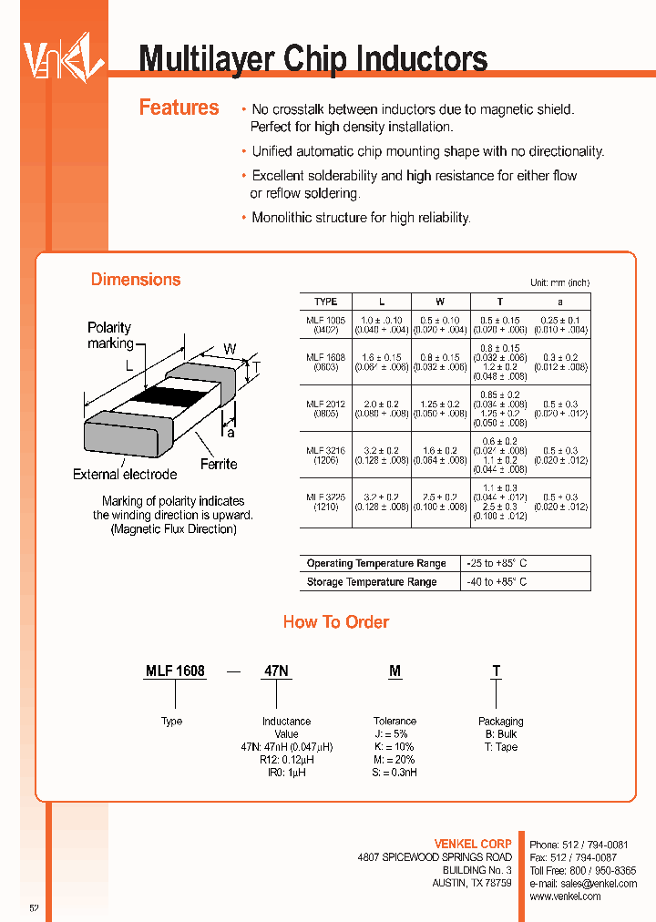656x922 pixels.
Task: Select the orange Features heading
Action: (x=179, y=108)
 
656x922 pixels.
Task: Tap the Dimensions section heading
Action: (x=136, y=280)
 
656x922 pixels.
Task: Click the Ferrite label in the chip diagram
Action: (x=219, y=464)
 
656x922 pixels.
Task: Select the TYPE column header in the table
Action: (x=325, y=302)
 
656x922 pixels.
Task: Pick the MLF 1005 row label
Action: (x=325, y=325)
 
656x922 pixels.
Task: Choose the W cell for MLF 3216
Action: (x=440, y=455)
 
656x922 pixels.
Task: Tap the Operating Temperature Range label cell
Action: (x=376, y=564)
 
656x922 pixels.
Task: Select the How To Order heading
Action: (x=335, y=622)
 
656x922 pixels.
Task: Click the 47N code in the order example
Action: (x=276, y=671)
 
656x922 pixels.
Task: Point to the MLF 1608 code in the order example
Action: (x=175, y=671)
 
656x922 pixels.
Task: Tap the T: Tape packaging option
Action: (x=500, y=747)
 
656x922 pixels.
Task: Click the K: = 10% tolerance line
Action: (x=395, y=747)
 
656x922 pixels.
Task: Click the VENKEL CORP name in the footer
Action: (x=474, y=845)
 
